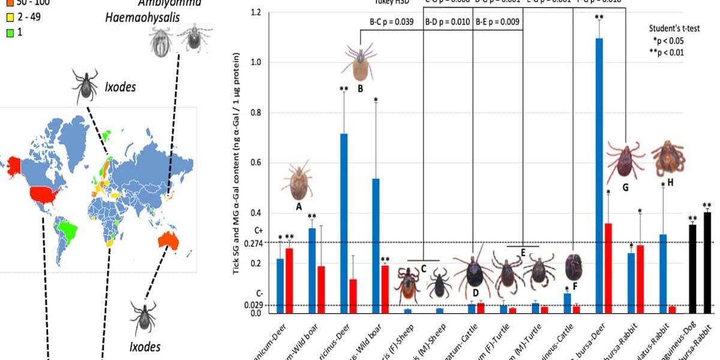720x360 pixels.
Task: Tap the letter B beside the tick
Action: (360, 88)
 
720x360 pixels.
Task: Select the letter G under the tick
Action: (625, 188)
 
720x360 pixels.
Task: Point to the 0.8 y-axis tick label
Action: (257, 113)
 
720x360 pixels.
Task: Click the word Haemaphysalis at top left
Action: (143, 19)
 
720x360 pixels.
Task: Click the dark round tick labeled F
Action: (574, 267)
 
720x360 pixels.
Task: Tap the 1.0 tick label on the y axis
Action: (257, 62)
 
